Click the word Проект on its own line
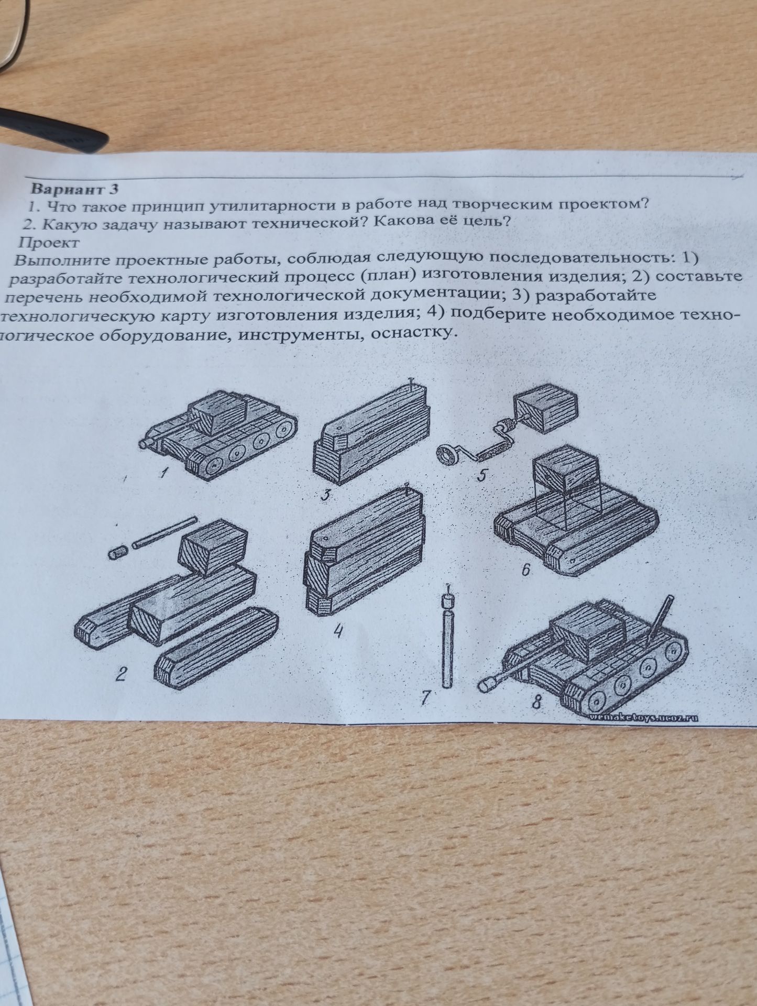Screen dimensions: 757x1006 click(x=49, y=243)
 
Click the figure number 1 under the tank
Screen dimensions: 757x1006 click(x=164, y=474)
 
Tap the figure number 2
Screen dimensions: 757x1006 click(x=121, y=675)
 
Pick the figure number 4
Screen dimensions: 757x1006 click(x=338, y=632)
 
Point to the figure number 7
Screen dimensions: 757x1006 click(x=425, y=697)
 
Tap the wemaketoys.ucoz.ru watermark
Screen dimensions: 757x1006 click(x=643, y=717)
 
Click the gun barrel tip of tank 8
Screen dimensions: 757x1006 click(x=486, y=684)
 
